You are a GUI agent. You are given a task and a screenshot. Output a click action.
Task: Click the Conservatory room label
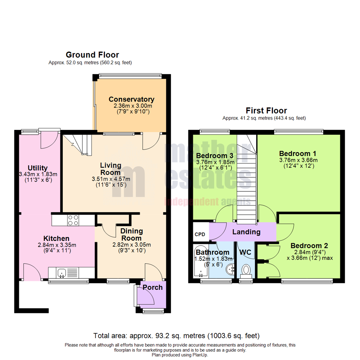pyautogui.click(x=131, y=99)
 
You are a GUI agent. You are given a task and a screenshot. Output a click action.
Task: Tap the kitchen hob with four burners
pyautogui.click(x=73, y=220)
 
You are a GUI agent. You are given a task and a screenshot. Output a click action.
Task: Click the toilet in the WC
pyautogui.click(x=246, y=270)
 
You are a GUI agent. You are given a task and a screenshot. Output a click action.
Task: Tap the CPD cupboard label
pyautogui.click(x=200, y=234)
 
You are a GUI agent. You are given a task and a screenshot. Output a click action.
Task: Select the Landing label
pyautogui.click(x=246, y=232)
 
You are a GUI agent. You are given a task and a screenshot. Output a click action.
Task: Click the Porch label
pyautogui.click(x=153, y=287)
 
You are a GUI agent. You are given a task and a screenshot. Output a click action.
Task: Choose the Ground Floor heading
pyautogui.click(x=92, y=55)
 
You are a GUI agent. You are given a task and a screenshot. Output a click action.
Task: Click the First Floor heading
pyautogui.click(x=266, y=111)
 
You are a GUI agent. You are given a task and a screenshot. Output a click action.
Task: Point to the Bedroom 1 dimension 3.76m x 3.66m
pyautogui.click(x=298, y=160)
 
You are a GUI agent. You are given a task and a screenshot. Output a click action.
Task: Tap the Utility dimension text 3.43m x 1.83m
pyautogui.click(x=38, y=174)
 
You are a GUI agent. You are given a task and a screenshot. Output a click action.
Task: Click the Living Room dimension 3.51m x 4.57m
pyautogui.click(x=111, y=179)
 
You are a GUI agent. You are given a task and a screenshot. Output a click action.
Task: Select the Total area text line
pyautogui.click(x=176, y=336)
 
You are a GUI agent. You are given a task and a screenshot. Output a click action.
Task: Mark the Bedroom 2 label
pyautogui.click(x=309, y=246)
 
